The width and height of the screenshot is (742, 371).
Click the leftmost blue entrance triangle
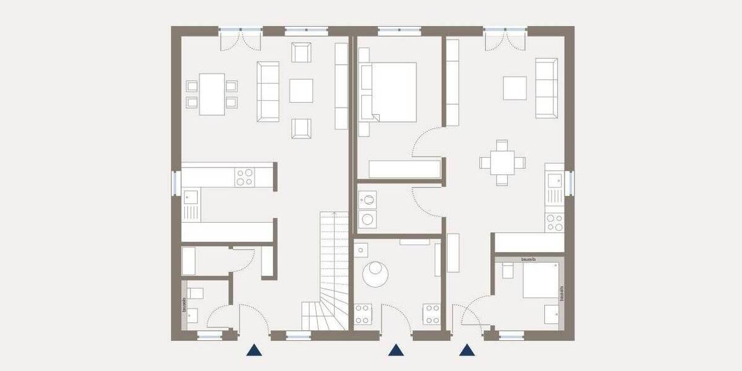254,351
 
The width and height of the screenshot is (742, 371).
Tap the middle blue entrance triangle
396,351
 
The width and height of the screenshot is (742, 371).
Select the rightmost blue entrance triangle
467,351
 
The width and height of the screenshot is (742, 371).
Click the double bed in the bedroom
388,92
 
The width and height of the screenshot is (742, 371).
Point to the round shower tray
375,273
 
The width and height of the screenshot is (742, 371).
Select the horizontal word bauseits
529,260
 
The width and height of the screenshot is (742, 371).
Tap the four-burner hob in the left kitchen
244,177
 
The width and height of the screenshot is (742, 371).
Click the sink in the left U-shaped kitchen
191,198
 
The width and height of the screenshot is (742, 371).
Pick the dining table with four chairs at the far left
212,94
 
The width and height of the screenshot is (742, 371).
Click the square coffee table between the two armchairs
301,90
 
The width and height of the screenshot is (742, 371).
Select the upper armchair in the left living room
301,53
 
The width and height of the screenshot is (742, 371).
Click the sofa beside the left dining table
268,91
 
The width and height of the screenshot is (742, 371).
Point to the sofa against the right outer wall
546,88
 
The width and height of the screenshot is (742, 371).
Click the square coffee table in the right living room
514,88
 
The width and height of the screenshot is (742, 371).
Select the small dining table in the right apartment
502,163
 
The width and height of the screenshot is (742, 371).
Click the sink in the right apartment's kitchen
553,181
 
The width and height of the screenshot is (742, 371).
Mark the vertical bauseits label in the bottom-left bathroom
184,304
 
